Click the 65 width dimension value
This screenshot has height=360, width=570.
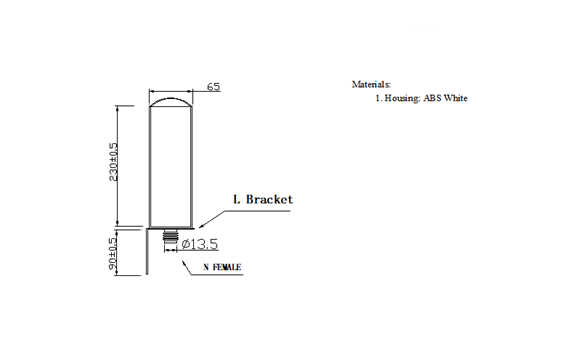click(x=213, y=87)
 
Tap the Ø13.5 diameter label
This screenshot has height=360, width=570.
click(x=200, y=244)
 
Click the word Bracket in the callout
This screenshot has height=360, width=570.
click(x=270, y=199)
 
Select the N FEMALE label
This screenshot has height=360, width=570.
click(x=221, y=268)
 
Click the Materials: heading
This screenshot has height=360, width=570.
click(x=372, y=84)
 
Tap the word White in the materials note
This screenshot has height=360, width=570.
click(x=456, y=98)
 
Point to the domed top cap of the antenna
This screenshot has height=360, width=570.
click(x=171, y=99)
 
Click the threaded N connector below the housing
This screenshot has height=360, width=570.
click(x=171, y=240)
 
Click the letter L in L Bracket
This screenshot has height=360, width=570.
click(x=236, y=199)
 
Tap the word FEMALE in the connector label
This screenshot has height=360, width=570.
click(x=227, y=268)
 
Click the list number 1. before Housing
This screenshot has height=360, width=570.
click(x=378, y=98)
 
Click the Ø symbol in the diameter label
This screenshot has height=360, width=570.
click(x=186, y=244)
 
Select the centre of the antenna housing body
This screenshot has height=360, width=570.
click(x=171, y=165)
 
